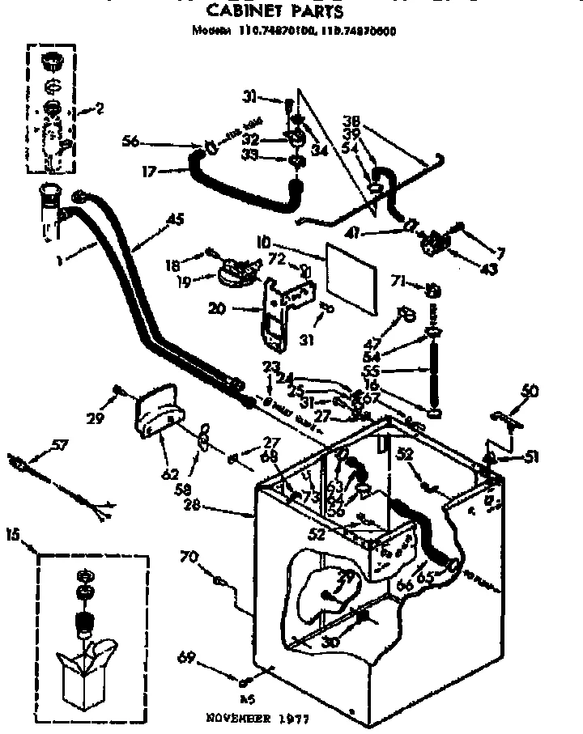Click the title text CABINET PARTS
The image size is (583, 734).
[x=275, y=11]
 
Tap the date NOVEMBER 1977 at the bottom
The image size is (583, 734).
[x=257, y=718]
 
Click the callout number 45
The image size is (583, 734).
[x=175, y=218]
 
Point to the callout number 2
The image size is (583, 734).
[x=99, y=108]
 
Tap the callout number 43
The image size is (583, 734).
[x=490, y=268]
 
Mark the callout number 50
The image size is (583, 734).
[x=530, y=392]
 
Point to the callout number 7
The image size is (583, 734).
[x=500, y=254]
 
